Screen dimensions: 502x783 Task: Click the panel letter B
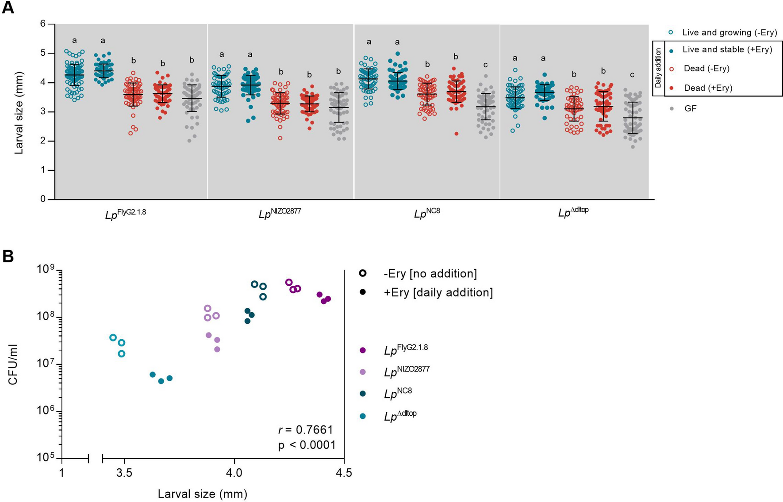8,257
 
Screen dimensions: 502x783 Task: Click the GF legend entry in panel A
690,108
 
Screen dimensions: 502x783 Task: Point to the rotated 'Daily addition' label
659,68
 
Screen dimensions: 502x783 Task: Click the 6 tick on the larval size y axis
43,24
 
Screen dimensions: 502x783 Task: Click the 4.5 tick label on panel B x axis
344,473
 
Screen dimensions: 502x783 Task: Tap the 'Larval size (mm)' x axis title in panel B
202,494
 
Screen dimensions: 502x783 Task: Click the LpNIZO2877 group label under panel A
280,214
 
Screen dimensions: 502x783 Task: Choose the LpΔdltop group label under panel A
573,212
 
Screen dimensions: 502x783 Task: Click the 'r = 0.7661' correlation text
305,430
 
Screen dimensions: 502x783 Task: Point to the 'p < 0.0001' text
307,445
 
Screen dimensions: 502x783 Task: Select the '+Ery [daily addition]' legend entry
438,292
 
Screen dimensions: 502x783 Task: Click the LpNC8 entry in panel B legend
398,393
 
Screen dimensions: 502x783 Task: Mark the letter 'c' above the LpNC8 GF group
485,65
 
